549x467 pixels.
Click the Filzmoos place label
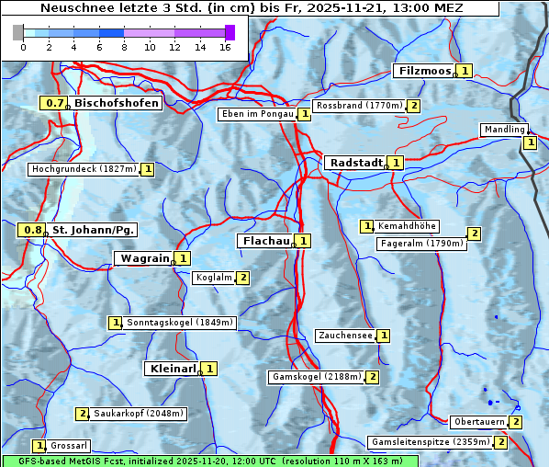[424, 71]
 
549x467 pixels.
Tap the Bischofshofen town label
[117, 103]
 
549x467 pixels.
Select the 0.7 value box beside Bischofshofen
[54, 103]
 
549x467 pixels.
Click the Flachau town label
[264, 240]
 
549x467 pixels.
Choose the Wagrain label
[144, 258]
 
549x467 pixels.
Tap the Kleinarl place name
[172, 369]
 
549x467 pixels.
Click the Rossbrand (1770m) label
[359, 106]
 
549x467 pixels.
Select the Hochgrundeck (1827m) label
[84, 169]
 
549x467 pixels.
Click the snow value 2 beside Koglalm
[242, 278]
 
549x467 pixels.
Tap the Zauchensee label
[345, 336]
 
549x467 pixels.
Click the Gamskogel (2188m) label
[316, 377]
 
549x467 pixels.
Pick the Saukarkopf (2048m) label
[139, 414]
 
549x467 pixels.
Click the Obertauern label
[478, 422]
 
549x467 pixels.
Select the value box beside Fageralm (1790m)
[474, 233]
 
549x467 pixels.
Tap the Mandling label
[503, 130]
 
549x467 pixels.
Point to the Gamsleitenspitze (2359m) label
[429, 442]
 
